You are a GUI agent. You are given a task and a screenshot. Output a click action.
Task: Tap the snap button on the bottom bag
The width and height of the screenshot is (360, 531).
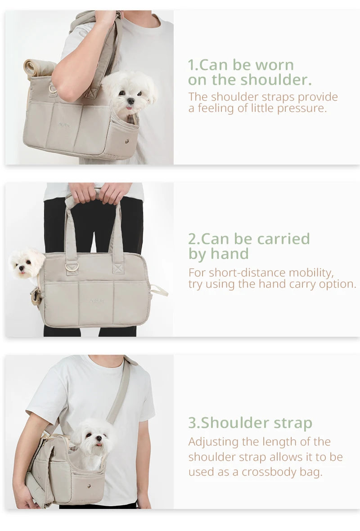(89, 486)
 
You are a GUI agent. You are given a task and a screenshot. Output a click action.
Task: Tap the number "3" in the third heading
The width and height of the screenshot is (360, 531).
(192, 423)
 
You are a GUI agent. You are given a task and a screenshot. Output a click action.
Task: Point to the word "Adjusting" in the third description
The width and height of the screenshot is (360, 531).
(213, 442)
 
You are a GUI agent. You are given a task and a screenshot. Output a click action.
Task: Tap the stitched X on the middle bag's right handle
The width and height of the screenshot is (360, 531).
(118, 269)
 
